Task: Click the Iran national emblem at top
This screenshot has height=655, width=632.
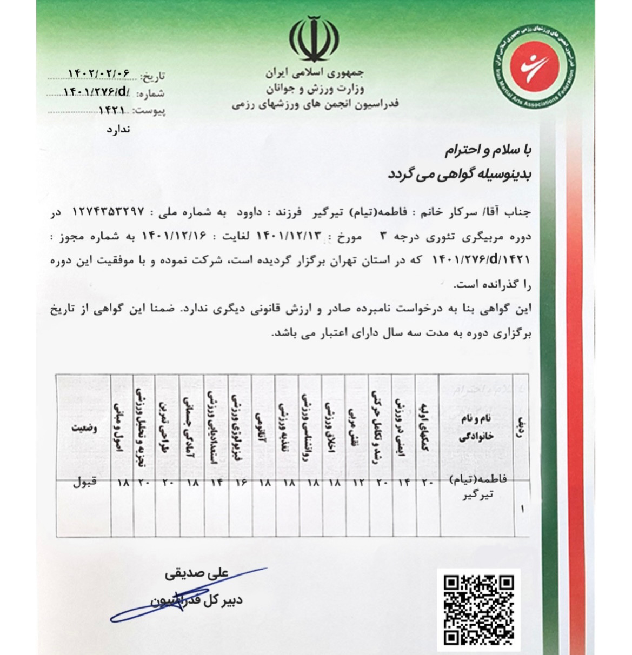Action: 314,39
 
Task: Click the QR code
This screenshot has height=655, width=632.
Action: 478,610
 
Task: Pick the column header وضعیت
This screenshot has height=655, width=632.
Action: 84,428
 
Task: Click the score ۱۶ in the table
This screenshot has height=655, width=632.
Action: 241,483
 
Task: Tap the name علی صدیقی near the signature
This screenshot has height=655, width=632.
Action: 197,574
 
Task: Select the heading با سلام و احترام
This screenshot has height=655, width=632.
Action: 488,150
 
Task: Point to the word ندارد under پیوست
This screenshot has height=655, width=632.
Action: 118,130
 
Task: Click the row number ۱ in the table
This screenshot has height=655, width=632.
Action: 522,509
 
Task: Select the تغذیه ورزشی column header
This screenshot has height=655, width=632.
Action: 287,427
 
